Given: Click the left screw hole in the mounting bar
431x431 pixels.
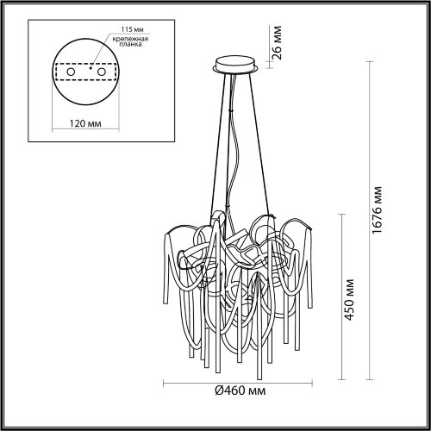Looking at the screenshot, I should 66,73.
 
